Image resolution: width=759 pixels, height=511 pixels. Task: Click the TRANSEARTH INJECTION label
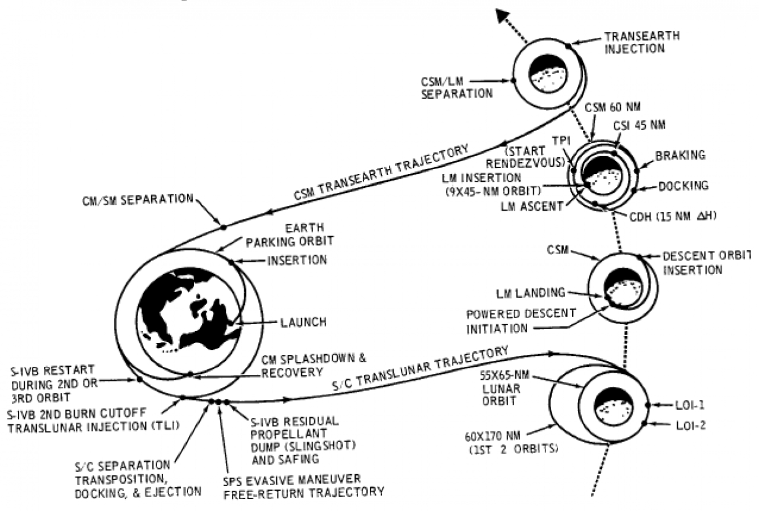pos(642,42)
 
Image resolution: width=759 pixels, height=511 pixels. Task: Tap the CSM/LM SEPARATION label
pos(457,87)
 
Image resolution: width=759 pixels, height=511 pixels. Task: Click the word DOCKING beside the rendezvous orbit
pos(683,186)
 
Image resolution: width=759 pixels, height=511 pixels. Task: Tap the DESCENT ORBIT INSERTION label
pos(706,262)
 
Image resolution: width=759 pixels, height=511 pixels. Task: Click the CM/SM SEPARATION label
pos(138,199)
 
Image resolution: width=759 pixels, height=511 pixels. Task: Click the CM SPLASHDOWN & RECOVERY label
pos(314,365)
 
